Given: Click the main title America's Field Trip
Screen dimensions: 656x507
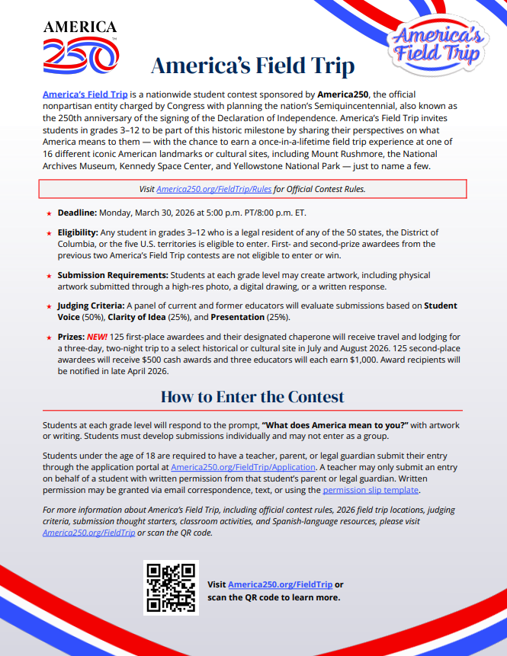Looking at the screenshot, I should click(252, 66).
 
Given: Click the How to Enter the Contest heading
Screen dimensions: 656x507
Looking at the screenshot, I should click(252, 397).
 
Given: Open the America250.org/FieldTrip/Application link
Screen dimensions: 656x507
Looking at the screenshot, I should click(243, 466).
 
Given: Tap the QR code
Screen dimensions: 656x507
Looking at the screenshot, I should click(171, 588).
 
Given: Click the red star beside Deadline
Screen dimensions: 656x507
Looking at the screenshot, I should click(50, 213).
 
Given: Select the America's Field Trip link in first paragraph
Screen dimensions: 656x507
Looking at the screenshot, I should click(85, 94).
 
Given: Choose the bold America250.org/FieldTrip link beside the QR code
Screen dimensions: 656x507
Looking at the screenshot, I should click(280, 584).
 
